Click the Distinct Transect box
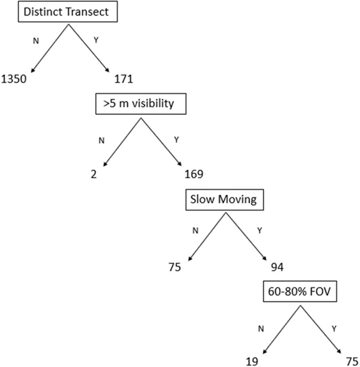coord(66,12)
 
